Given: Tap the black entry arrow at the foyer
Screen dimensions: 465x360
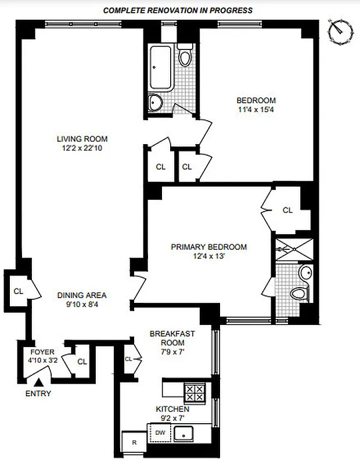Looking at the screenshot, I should coord(39,382).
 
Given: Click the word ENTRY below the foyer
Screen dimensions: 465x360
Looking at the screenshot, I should coord(38,394).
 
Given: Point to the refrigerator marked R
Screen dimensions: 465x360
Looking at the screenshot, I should coord(134,442).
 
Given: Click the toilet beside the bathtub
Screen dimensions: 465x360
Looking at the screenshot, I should coord(185,57).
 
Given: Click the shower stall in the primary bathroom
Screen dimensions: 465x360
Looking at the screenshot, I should coord(293,249).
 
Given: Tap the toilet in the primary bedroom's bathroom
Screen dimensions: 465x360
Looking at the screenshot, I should coord(298,293).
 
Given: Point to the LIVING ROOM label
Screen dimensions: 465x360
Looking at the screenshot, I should coord(82,139).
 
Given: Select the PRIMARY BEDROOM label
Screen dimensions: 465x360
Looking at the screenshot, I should coord(208,247).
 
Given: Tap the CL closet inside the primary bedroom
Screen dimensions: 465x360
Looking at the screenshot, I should coord(287,210).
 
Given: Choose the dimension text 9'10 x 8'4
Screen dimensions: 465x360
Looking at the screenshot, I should coord(81,304).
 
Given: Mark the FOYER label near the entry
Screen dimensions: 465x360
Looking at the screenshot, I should coord(42,352).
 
